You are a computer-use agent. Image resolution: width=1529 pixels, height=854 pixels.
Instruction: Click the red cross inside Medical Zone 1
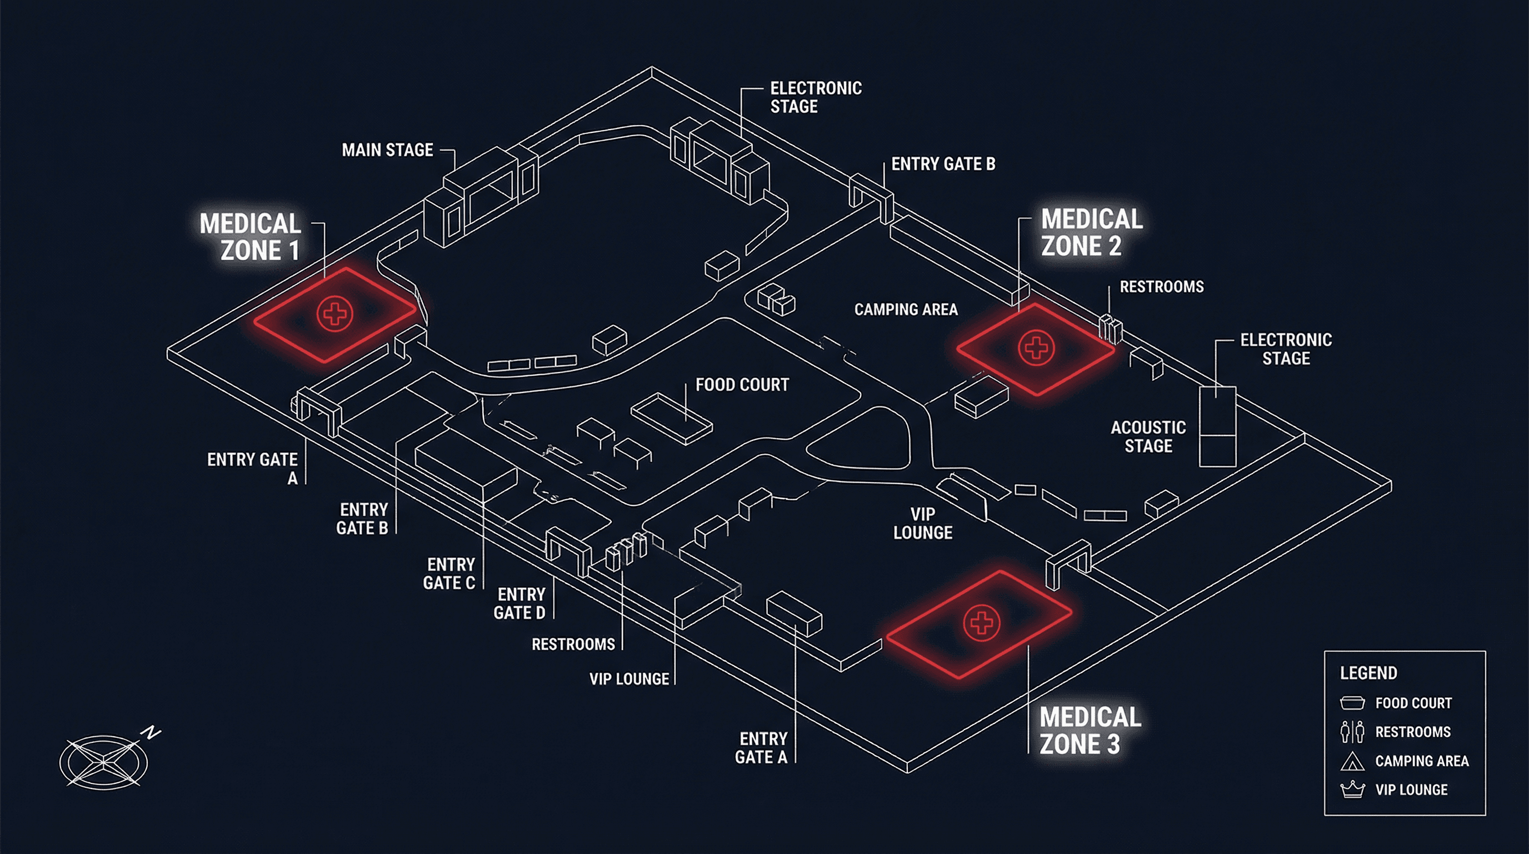pyautogui.click(x=336, y=313)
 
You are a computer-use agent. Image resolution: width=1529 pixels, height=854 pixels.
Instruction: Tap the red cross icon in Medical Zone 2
pyautogui.click(x=1036, y=347)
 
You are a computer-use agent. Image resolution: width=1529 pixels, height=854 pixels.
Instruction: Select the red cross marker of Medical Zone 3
pyautogui.click(x=981, y=623)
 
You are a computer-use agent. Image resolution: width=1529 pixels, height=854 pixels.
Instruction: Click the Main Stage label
pyautogui.click(x=387, y=150)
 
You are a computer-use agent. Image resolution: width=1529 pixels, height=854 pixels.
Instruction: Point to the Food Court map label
pyautogui.click(x=742, y=385)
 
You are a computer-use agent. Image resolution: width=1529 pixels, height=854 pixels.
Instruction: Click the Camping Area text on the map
pyautogui.click(x=906, y=310)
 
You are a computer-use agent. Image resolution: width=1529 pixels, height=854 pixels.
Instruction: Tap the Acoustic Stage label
pyautogui.click(x=1148, y=436)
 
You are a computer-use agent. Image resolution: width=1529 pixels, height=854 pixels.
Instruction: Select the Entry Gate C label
pyautogui.click(x=449, y=574)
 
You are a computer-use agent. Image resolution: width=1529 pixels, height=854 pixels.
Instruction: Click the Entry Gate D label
pyautogui.click(x=519, y=603)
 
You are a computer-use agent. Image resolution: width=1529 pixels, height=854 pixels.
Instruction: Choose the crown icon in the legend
pyautogui.click(x=1353, y=790)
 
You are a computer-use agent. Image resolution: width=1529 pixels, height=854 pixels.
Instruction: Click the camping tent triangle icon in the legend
pyautogui.click(x=1353, y=761)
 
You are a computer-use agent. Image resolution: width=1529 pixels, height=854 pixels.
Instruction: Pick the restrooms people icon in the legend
pyautogui.click(x=1353, y=732)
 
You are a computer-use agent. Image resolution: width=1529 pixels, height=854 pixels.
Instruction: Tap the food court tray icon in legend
pyautogui.click(x=1353, y=703)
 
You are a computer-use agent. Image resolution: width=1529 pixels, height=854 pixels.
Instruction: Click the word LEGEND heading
pyautogui.click(x=1368, y=673)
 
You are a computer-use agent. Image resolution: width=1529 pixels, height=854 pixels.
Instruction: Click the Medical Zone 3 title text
pyautogui.click(x=1090, y=731)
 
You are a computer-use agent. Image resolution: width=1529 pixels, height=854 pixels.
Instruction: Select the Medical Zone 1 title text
pyautogui.click(x=251, y=237)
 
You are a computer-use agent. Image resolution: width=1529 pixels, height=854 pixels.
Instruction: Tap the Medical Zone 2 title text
pyautogui.click(x=1091, y=232)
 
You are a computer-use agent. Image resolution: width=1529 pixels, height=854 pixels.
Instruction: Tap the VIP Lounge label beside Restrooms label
pyautogui.click(x=629, y=679)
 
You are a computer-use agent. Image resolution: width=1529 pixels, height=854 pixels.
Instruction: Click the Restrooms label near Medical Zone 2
pyautogui.click(x=1161, y=287)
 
